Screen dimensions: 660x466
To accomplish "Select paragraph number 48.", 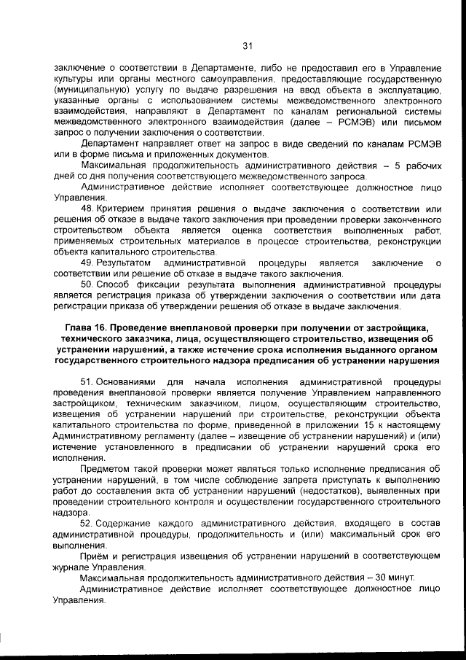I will pyautogui.click(x=87, y=209).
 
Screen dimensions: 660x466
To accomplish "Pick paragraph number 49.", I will pyautogui.click(x=87, y=263).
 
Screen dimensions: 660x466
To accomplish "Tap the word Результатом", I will pyautogui.click(x=125, y=263).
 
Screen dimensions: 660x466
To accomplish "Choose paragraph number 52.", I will pyautogui.click(x=87, y=523).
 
